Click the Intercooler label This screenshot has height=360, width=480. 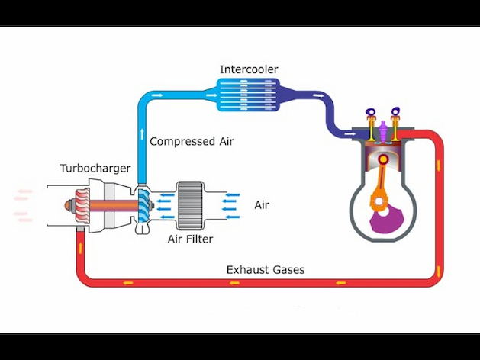(249, 69)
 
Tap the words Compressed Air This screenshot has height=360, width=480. (192, 141)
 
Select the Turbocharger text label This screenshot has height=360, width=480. (95, 168)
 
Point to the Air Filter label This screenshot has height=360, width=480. (190, 239)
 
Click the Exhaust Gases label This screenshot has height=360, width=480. (266, 269)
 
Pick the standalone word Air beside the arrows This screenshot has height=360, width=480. (262, 205)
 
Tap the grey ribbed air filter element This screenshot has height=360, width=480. (190, 204)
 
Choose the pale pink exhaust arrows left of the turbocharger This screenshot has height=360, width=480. (23, 206)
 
